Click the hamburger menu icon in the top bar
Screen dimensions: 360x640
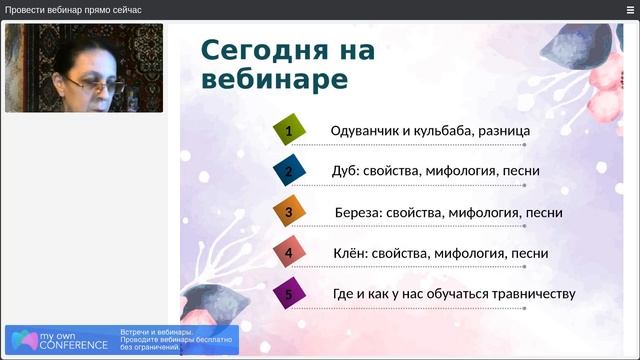[x=630, y=9]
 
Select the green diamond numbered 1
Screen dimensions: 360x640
[x=288, y=130]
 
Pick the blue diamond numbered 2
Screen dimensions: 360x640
[x=288, y=171]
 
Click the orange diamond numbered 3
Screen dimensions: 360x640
[x=288, y=212]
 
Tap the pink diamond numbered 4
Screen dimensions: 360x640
[x=288, y=253]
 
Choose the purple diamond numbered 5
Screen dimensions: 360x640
[x=288, y=294]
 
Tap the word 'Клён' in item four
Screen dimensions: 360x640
[x=350, y=254]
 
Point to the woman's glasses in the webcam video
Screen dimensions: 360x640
[x=100, y=86]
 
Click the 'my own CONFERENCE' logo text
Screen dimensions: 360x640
[x=72, y=341]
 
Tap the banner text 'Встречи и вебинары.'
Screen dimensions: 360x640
[x=156, y=332]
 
